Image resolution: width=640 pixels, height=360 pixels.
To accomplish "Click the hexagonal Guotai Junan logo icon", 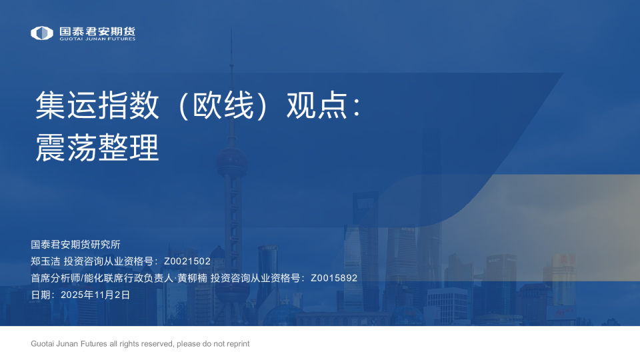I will [x=42, y=33].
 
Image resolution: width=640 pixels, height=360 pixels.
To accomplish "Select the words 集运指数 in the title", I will [x=97, y=106].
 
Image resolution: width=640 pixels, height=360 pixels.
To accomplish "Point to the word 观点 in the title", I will [x=317, y=106].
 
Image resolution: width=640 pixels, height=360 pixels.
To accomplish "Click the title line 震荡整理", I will [x=97, y=147].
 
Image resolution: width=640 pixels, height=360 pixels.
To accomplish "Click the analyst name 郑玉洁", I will [x=45, y=261].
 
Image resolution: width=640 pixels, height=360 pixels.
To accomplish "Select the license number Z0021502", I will [x=187, y=261].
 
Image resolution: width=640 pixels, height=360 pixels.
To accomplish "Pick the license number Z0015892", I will [x=334, y=278].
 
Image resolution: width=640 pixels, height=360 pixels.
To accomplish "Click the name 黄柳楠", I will [x=192, y=278].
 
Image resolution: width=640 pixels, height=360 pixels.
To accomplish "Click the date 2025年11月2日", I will [x=95, y=294].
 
